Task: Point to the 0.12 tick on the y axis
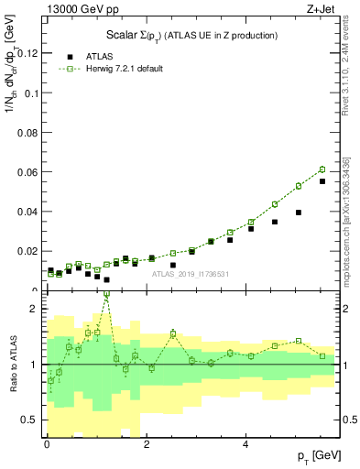tap(28, 54)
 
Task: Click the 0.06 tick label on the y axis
tap(28, 172)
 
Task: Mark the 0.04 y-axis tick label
tap(28, 212)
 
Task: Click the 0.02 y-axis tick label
tap(28, 251)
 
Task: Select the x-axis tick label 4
tap(245, 444)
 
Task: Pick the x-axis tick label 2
tap(147, 444)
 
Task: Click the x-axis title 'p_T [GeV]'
tap(314, 455)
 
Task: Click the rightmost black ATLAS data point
tap(322, 181)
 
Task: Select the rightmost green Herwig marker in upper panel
tap(322, 169)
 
